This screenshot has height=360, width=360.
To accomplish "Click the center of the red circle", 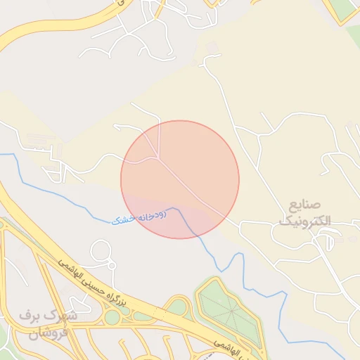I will (x=180, y=179).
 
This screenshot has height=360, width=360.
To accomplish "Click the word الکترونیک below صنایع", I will (x=308, y=221).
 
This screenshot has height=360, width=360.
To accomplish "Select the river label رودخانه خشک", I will (x=139, y=217).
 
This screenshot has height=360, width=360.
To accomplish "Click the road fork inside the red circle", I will (x=162, y=158).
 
